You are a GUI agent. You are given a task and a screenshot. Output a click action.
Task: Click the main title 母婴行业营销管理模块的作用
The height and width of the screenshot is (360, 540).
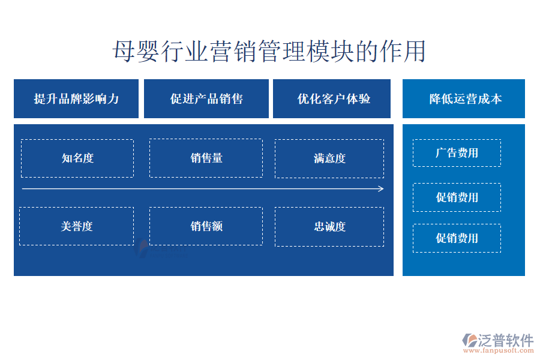pos(269,52)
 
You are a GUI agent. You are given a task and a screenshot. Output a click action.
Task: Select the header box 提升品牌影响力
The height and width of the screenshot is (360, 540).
pos(76,98)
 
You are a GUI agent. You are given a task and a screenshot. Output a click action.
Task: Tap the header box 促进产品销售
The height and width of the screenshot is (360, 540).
pos(206,98)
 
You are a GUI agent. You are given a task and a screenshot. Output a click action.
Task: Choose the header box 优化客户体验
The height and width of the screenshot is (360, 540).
pos(332,98)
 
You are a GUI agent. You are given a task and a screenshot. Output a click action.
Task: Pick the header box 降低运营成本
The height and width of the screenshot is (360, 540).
pos(464,98)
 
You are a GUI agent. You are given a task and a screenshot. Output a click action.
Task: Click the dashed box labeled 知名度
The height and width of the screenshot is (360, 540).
pos(77,158)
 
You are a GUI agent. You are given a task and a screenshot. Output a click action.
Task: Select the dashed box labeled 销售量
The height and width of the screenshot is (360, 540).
pos(206,158)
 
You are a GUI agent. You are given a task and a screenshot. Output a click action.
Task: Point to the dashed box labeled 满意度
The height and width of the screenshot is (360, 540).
pos(329,158)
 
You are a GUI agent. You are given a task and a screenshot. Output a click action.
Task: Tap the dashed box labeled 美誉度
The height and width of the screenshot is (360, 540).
pos(76,226)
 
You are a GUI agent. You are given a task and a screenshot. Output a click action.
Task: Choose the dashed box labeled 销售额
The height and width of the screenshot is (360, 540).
pos(206,226)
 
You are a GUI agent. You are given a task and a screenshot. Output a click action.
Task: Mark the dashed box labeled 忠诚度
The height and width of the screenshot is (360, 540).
pos(329,227)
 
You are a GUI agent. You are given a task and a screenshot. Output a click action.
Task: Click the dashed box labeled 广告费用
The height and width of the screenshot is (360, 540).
pos(457,153)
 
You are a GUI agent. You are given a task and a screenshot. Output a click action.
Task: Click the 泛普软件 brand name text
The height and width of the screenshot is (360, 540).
pos(506,340)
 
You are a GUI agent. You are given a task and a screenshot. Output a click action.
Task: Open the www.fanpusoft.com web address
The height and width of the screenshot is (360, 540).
pos(498,350)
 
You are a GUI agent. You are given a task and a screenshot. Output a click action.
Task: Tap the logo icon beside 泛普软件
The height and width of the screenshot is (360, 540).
pos(470,340)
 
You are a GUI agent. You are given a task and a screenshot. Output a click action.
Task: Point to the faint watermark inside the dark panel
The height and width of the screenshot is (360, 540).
pos(160,248)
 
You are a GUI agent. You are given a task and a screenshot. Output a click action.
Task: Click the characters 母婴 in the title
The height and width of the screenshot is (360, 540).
pos(136,52)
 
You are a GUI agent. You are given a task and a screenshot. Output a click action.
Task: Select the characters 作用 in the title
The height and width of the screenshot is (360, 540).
pos(403,52)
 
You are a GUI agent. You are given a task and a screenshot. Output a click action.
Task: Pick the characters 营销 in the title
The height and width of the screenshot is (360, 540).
pos(233,52)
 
